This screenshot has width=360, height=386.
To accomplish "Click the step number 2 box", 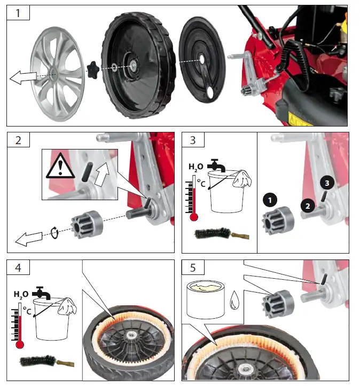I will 18,141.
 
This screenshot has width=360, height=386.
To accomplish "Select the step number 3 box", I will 193,141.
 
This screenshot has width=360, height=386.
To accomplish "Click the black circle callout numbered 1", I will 270,200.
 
